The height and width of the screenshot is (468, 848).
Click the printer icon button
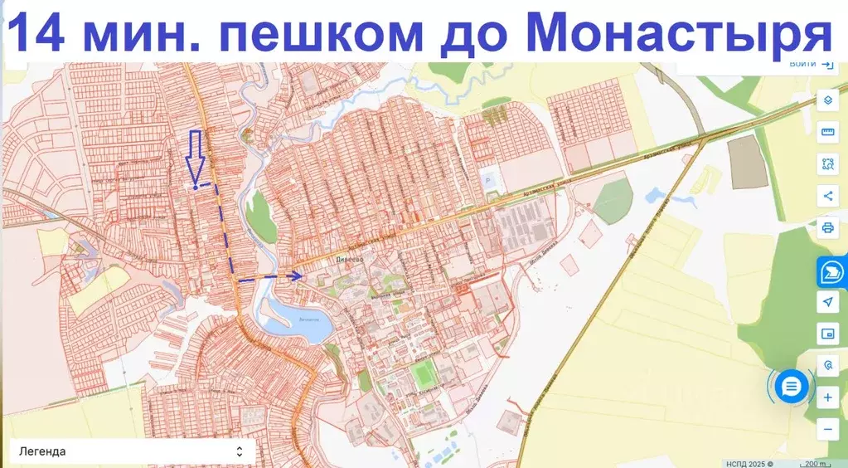tap(827, 227)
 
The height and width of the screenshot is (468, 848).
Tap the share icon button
tap(827, 196)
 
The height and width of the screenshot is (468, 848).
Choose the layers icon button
tap(827, 101)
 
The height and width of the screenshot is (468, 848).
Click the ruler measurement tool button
tap(827, 133)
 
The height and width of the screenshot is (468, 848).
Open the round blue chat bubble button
tap(792, 386)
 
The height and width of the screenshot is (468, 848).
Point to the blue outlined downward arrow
tap(196, 155)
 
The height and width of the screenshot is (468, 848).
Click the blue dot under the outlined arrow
tap(196, 188)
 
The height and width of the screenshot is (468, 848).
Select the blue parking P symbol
tap(487, 179)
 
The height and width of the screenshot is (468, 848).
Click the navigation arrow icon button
tap(827, 303)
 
